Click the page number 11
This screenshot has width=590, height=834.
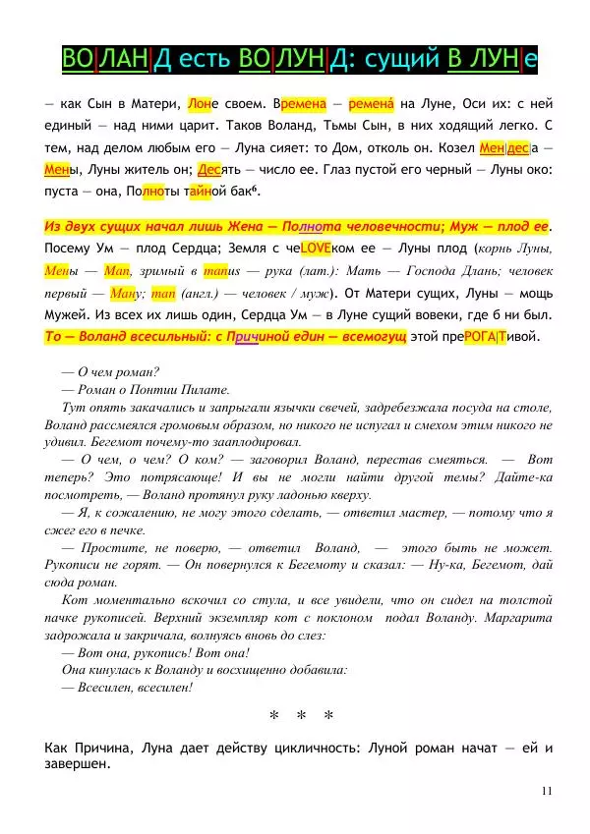tap(546, 790)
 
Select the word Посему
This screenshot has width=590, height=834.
tap(70, 249)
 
